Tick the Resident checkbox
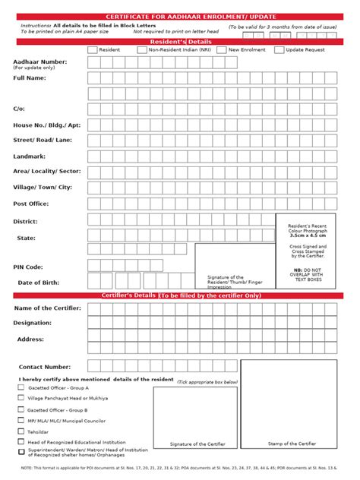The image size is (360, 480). tap(93, 49)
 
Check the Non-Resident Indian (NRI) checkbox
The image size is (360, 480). tap(142, 49)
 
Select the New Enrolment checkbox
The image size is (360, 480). tap(221, 49)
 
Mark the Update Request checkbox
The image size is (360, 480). tap(279, 49)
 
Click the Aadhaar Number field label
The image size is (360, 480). tap(39, 62)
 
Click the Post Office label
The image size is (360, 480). tap(30, 204)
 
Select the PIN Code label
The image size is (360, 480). tap(28, 267)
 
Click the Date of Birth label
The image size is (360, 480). tap(38, 283)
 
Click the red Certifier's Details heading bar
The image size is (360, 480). tap(179, 295)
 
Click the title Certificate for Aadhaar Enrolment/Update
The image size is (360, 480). tap(179, 16)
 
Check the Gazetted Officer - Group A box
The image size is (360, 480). tap(21, 387)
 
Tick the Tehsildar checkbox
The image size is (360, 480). tap(21, 431)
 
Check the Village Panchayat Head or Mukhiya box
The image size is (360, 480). tap(21, 398)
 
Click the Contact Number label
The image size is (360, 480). tap(45, 366)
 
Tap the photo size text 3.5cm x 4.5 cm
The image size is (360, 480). tap(307, 236)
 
